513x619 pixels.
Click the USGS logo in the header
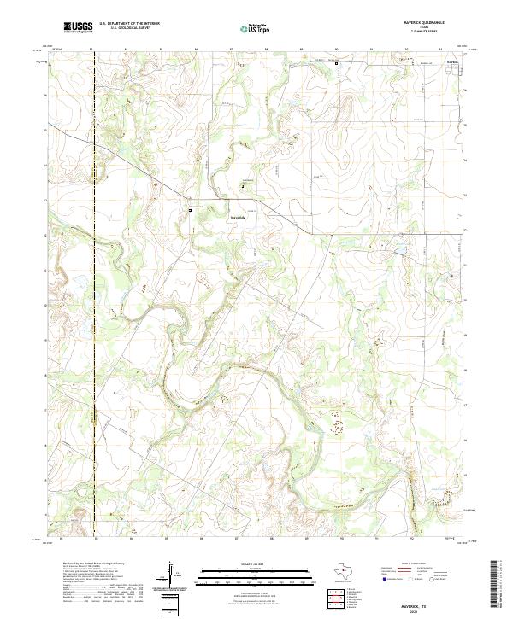click(x=77, y=28)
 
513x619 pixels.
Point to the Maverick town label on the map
click(x=237, y=217)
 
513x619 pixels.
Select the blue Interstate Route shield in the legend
click(x=383, y=579)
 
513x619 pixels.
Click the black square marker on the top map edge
click(x=336, y=63)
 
